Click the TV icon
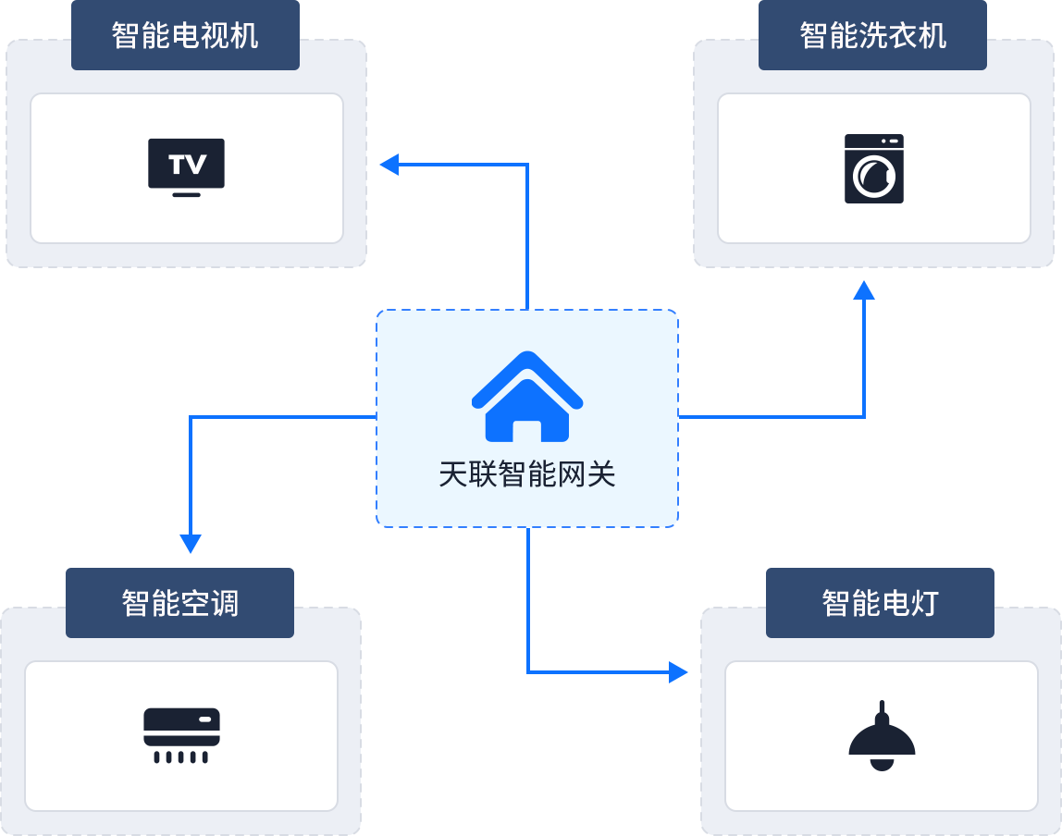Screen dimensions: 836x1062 tap(186, 167)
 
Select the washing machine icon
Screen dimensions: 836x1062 tap(873, 169)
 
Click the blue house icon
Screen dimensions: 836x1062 tap(527, 397)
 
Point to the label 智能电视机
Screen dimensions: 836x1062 tap(185, 36)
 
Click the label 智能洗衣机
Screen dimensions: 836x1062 tap(872, 36)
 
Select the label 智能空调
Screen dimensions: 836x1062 tap(179, 603)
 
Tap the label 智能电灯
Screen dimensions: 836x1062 tap(880, 603)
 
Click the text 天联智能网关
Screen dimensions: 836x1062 tap(527, 474)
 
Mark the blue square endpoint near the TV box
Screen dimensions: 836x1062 tap(389, 166)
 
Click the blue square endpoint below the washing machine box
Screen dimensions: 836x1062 tap(865, 290)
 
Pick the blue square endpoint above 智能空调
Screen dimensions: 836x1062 tap(190, 544)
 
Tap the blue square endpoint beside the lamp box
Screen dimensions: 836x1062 tap(678, 671)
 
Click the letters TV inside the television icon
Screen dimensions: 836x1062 tap(187, 165)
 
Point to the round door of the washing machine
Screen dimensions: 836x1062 tap(874, 177)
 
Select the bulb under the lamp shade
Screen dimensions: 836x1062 tap(883, 764)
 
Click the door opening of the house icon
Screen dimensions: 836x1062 tap(527, 431)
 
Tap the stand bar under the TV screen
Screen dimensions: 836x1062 tap(187, 194)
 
